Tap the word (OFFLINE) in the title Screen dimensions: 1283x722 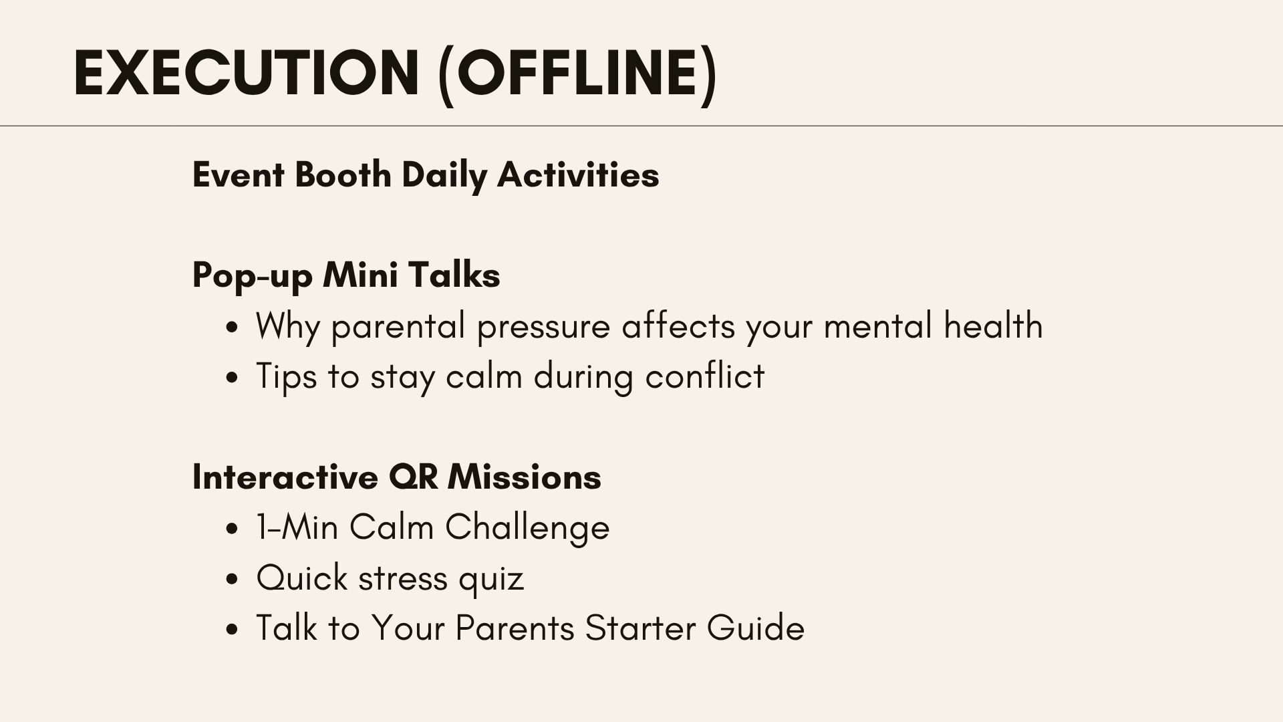[578, 75]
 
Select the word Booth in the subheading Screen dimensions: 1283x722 [343, 175]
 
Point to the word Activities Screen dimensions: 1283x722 [578, 175]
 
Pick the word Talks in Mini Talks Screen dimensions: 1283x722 [454, 275]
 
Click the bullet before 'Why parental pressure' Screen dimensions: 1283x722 [232, 328]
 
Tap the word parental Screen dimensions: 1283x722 [398, 327]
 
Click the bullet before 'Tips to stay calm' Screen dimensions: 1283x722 [232, 378]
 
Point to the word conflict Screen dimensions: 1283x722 [705, 376]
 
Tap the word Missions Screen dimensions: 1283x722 [525, 477]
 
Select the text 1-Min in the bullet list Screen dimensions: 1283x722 [297, 527]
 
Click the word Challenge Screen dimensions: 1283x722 [527, 528]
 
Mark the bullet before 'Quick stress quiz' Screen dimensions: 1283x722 [232, 580]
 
